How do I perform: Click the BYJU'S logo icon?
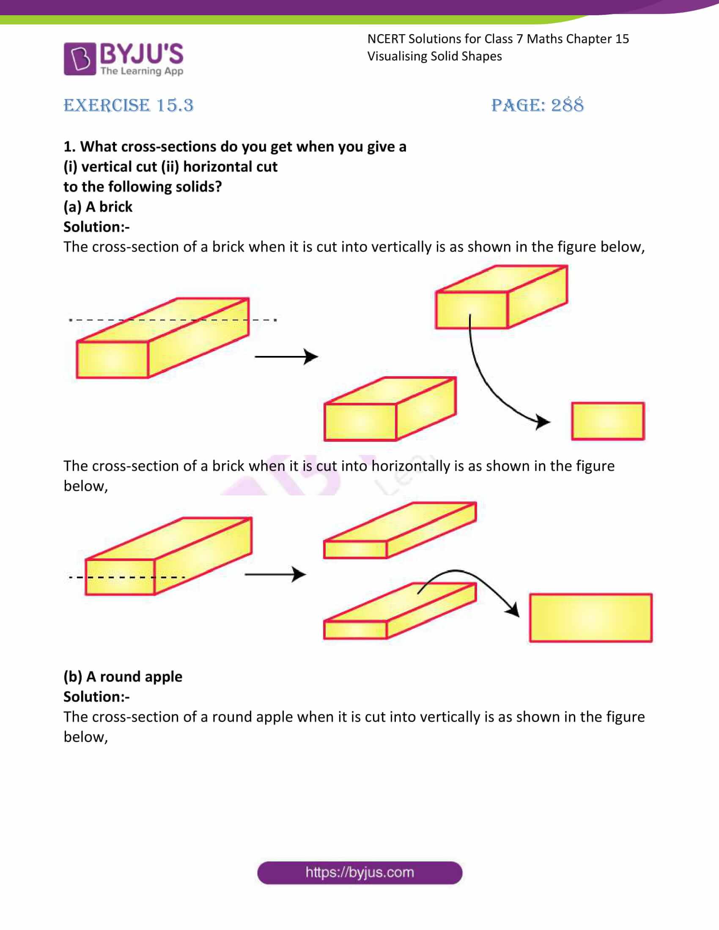[x=80, y=59]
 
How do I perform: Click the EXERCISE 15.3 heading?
[x=128, y=105]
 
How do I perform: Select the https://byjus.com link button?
[x=359, y=873]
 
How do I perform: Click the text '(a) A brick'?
[x=98, y=207]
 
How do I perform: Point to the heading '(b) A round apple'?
[x=123, y=677]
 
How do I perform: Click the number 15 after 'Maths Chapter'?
[x=622, y=39]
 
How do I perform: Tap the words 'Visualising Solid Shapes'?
[x=434, y=56]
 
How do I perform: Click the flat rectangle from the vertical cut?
[x=607, y=421]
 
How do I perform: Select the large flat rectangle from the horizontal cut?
[x=590, y=618]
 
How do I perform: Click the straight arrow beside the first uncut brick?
[x=286, y=356]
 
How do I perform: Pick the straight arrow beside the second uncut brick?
[x=275, y=574]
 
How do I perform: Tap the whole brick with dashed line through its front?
[x=168, y=556]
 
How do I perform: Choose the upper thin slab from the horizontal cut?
[x=400, y=531]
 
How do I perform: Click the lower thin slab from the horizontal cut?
[x=400, y=612]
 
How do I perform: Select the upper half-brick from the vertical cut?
[x=501, y=297]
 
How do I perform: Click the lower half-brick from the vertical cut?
[x=390, y=409]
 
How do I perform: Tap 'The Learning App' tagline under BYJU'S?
[x=142, y=71]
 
